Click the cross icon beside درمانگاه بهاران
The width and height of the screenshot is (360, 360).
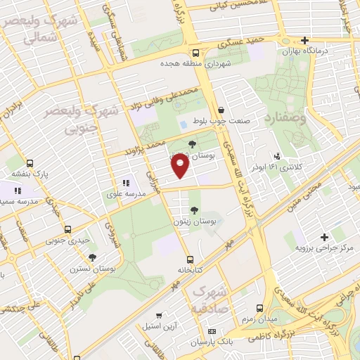[x=304, y=40]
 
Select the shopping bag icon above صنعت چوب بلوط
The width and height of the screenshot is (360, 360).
[x=221, y=110]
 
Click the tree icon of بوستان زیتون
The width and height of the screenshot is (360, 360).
[x=194, y=210]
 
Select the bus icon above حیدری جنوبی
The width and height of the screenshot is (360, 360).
[x=68, y=229]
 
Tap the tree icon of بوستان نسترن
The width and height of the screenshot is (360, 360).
[x=92, y=257]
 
